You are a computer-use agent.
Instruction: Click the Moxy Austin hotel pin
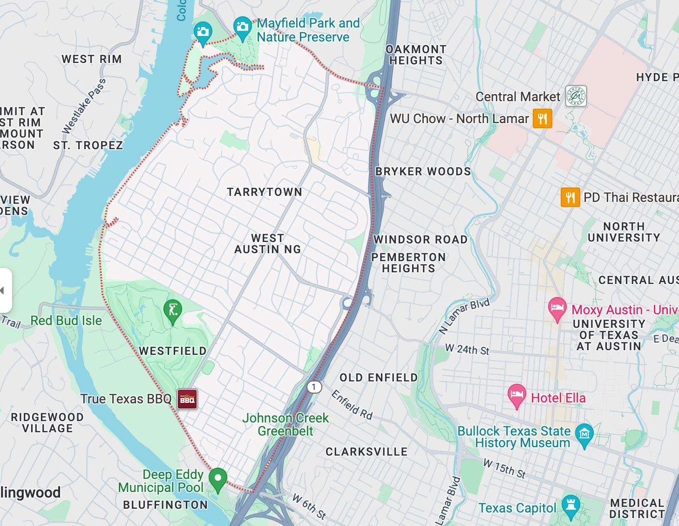(557, 308)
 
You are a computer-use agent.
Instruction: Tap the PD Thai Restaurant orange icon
(570, 197)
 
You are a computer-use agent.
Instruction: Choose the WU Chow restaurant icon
(543, 118)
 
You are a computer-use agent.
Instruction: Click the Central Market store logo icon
(576, 97)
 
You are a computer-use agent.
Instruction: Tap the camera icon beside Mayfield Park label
(243, 26)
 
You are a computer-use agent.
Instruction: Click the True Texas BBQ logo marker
(187, 399)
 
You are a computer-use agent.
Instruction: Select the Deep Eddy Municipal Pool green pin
(217, 479)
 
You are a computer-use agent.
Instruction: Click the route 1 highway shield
(314, 387)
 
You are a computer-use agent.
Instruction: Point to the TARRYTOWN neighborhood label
(265, 192)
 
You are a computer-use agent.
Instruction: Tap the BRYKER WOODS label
(423, 172)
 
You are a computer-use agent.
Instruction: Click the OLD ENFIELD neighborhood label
(379, 378)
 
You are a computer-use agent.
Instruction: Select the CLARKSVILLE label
(367, 452)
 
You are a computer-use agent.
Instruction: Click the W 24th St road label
(467, 349)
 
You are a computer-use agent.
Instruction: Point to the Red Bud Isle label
(66, 321)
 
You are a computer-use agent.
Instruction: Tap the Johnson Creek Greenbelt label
(285, 424)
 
